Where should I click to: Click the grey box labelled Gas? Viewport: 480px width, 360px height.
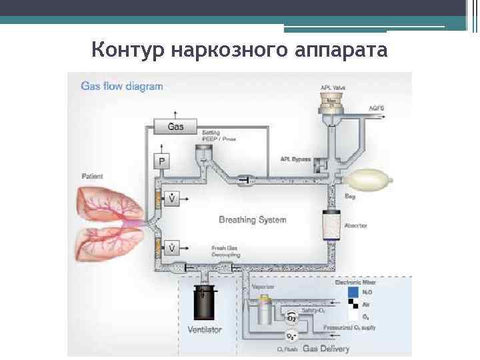[175, 125]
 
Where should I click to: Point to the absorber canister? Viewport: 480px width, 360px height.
[331, 223]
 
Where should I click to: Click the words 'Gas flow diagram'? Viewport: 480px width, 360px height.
[121, 86]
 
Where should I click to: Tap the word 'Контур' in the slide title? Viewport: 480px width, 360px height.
[129, 49]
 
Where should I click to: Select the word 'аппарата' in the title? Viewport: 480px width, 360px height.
[344, 49]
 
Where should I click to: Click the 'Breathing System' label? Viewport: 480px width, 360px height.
[253, 219]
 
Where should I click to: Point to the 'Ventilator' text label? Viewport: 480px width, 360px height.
[205, 329]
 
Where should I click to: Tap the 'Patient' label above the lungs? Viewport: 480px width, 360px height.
[92, 177]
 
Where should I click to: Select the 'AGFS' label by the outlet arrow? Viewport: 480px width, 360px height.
[377, 108]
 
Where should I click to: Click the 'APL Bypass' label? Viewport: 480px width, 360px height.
[293, 159]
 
